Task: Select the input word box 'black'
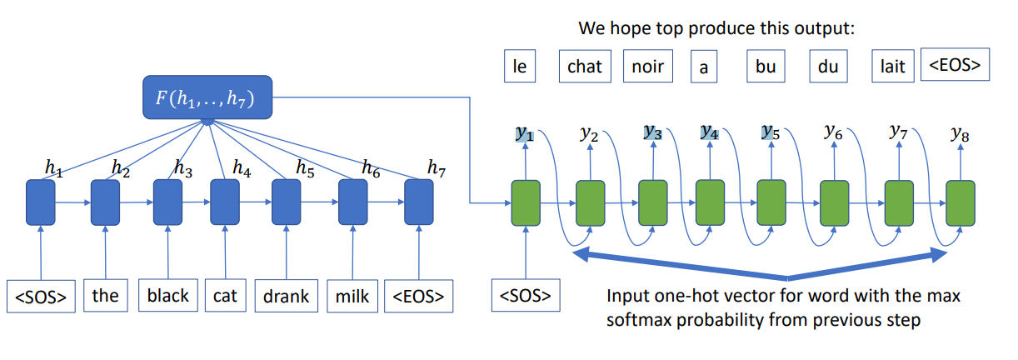(x=167, y=295)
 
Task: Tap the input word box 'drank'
(x=286, y=295)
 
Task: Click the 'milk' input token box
(x=353, y=295)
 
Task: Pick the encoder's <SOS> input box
(x=41, y=296)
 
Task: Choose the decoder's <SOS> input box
(x=526, y=296)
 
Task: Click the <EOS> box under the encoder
(x=418, y=295)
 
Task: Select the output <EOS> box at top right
(x=954, y=65)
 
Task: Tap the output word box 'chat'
(x=584, y=66)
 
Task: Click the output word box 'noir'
(x=647, y=66)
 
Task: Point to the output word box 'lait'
(x=892, y=66)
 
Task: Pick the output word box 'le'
(x=519, y=66)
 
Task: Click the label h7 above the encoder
(x=436, y=167)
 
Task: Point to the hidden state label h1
(x=53, y=167)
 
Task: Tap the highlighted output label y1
(x=525, y=133)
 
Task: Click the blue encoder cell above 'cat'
(x=224, y=202)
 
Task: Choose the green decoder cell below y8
(x=960, y=202)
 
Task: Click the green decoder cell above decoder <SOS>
(x=525, y=202)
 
